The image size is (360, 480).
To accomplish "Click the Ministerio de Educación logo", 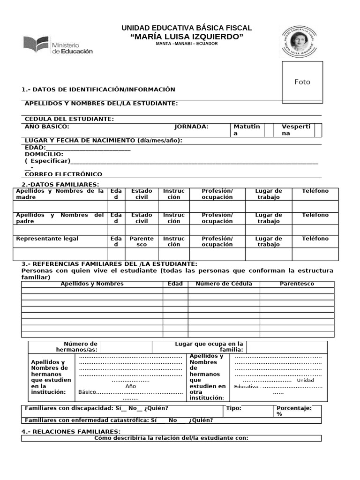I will tap(58, 45).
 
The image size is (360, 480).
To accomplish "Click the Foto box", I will tap(302, 82).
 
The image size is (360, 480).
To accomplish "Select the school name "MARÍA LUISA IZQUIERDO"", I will tap(187, 37).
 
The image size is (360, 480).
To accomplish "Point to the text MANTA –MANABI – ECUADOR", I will tap(187, 44).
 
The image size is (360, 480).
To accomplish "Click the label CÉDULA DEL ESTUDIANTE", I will tap(69, 119).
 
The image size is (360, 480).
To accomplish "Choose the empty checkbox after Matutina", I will tap(269, 130).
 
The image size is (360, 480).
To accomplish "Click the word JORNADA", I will tap(191, 127).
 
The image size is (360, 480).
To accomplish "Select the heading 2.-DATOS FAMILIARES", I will tap(60, 185).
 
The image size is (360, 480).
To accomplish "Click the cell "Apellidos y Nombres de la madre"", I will tap(60, 194).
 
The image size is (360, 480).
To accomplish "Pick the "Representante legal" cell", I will tap(47, 239).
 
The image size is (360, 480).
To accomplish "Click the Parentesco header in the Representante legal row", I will tap(142, 241).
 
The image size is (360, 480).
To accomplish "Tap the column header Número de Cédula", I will tap(224, 284).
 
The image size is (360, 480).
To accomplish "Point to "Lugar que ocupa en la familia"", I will tap(209, 347).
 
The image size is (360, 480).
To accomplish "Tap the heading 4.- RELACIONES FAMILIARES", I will tap(71, 431).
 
